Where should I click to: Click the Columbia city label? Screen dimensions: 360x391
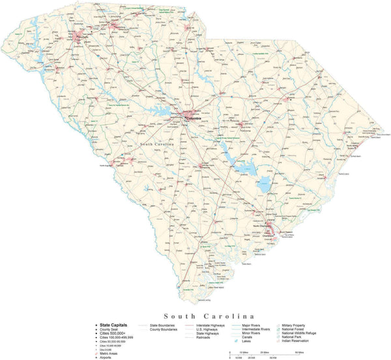tap(194, 118)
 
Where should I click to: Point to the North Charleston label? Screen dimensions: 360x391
tap(271, 226)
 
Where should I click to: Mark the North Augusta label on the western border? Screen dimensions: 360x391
tap(108, 166)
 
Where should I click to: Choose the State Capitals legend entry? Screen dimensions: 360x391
tap(113, 324)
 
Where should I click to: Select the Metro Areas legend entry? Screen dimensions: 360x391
tap(110, 353)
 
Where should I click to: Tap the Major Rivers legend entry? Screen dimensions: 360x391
tap(252, 324)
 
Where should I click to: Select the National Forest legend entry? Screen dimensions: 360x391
tap(297, 329)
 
